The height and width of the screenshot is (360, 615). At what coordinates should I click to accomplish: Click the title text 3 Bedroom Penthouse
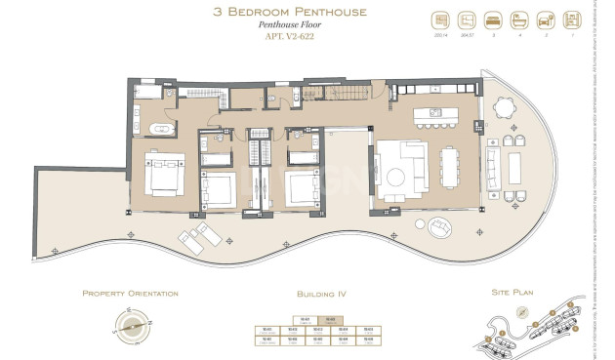307,13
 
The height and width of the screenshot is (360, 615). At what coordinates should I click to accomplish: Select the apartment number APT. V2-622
307,42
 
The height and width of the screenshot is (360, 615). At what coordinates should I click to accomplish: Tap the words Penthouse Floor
307,28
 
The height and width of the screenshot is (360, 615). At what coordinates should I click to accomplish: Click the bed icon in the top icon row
494,20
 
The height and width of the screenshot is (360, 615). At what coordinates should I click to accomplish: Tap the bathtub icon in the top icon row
516,20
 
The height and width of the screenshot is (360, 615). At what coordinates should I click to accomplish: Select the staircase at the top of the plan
347,96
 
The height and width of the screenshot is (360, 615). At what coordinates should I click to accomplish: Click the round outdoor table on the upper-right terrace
506,107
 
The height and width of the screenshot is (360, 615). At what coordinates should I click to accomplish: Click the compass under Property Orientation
135,325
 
